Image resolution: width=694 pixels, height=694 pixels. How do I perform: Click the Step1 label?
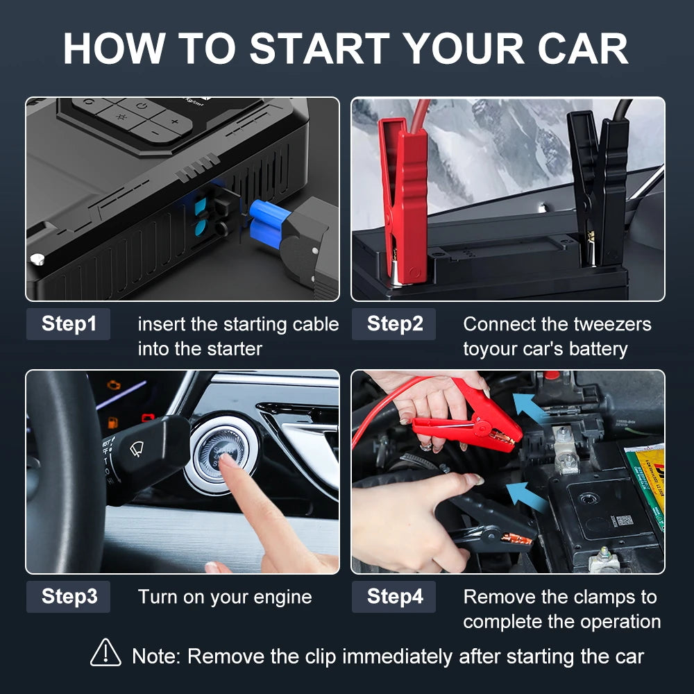tap(68, 324)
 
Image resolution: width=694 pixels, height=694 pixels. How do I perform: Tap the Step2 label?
tap(394, 324)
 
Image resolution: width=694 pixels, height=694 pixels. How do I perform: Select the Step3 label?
tap(68, 597)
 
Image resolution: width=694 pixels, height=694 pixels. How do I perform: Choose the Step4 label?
tap(394, 597)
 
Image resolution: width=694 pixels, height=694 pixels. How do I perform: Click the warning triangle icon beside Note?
tap(105, 653)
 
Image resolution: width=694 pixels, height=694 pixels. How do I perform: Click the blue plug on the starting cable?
tap(269, 223)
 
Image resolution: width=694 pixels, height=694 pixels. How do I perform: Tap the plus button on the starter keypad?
tap(175, 121)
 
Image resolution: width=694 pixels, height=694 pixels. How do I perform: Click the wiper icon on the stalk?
tap(137, 450)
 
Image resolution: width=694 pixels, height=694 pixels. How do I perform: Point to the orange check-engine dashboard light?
tap(114, 384)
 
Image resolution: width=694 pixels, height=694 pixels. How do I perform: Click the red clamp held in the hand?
tap(470, 421)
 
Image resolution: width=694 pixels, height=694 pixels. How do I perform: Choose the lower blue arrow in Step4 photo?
tap(525, 498)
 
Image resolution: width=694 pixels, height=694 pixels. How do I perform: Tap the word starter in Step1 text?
tap(235, 349)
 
